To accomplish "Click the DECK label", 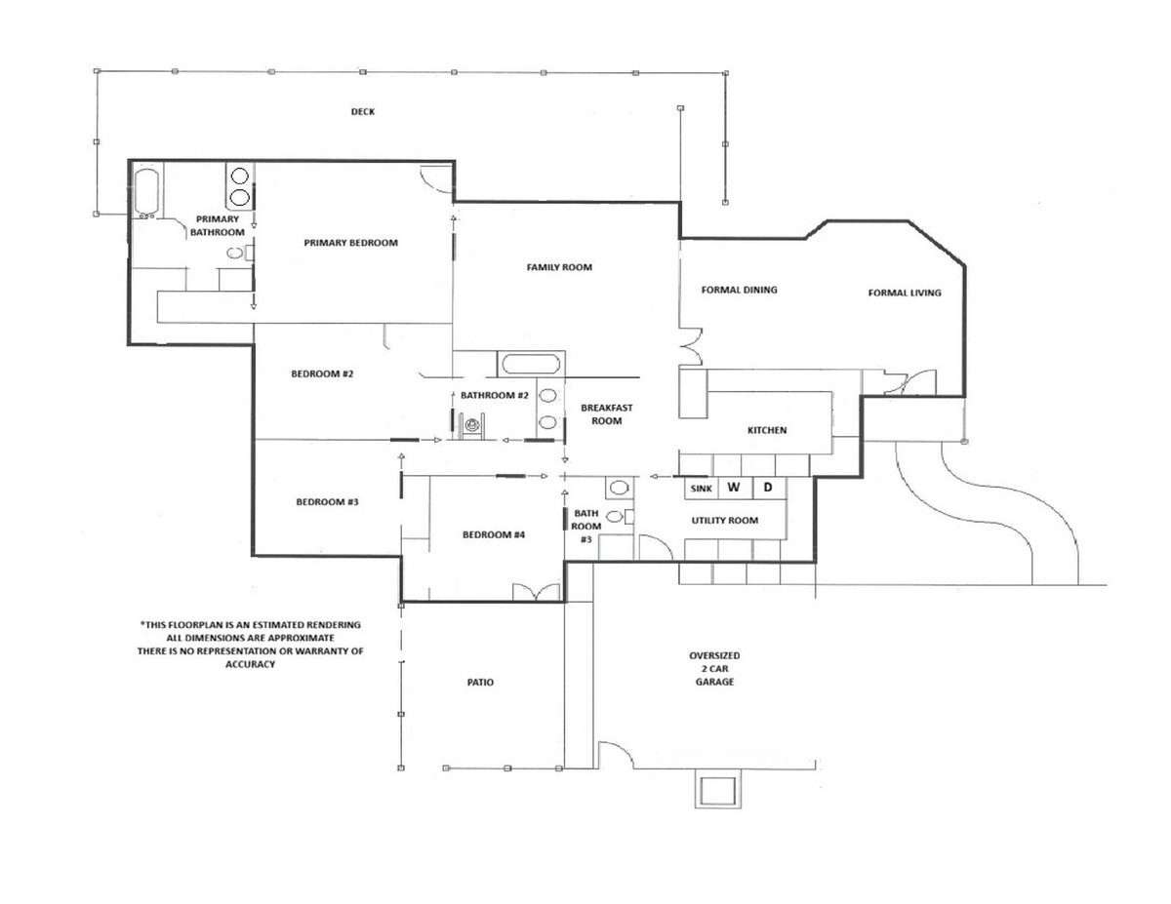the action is [x=363, y=112].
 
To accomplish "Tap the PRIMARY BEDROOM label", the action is [x=351, y=243].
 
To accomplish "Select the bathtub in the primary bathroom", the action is [x=145, y=193].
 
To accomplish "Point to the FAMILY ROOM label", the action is [x=559, y=267].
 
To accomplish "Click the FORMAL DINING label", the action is [x=740, y=290].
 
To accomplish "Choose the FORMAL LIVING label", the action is [x=905, y=293].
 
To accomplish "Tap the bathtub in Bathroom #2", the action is [x=531, y=364].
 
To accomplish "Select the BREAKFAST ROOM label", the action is [x=607, y=414].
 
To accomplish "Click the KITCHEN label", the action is [x=767, y=430].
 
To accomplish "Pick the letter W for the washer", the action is [x=734, y=488].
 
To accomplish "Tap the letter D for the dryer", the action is [x=768, y=488].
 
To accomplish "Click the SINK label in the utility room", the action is [x=701, y=489].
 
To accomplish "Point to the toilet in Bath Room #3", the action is [x=621, y=517].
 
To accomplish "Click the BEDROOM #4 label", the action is [x=494, y=534].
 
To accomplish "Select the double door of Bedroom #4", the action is [x=537, y=592].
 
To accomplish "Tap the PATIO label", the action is [x=480, y=683].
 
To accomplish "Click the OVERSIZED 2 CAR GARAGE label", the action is [x=714, y=669].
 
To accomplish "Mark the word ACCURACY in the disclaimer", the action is [x=250, y=664].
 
